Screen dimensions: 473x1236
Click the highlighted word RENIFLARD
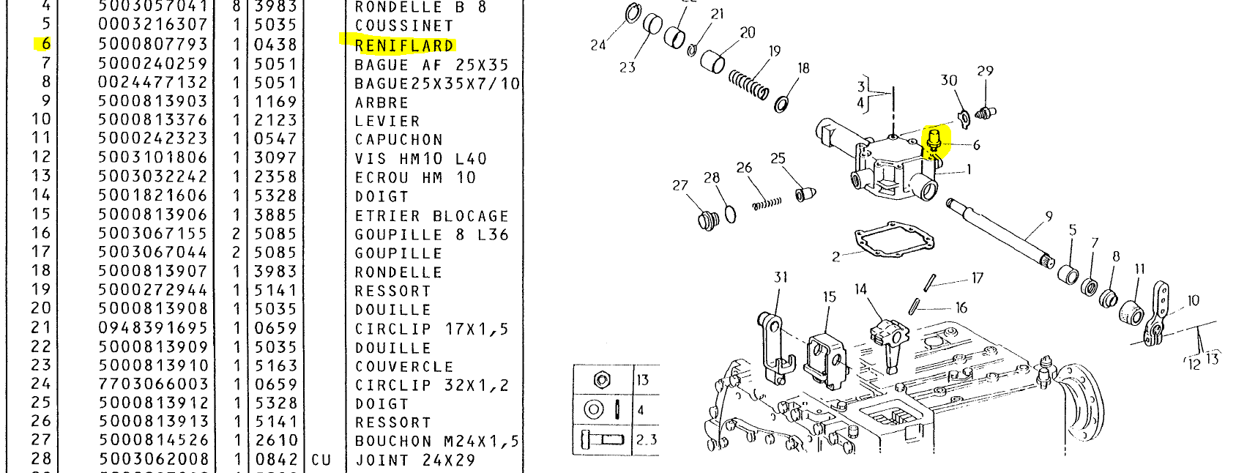click(403, 45)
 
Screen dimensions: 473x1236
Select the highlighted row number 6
click(45, 45)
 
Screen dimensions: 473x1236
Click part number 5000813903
click(152, 101)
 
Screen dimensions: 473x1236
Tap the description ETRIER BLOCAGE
click(431, 216)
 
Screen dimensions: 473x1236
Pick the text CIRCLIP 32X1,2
click(431, 385)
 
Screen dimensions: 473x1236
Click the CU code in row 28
click(321, 460)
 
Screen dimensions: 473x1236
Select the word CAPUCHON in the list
click(398, 139)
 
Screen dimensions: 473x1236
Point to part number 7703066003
click(152, 384)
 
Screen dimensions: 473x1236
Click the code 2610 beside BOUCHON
click(275, 441)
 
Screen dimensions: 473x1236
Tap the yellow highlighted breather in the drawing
click(935, 141)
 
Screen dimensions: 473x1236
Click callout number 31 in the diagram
click(780, 277)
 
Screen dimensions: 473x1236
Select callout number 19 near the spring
click(775, 51)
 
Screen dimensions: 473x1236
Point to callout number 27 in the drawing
click(680, 185)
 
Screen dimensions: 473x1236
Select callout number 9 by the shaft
click(1049, 216)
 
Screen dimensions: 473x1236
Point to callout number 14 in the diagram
click(860, 289)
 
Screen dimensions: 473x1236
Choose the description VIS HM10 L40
click(420, 159)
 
